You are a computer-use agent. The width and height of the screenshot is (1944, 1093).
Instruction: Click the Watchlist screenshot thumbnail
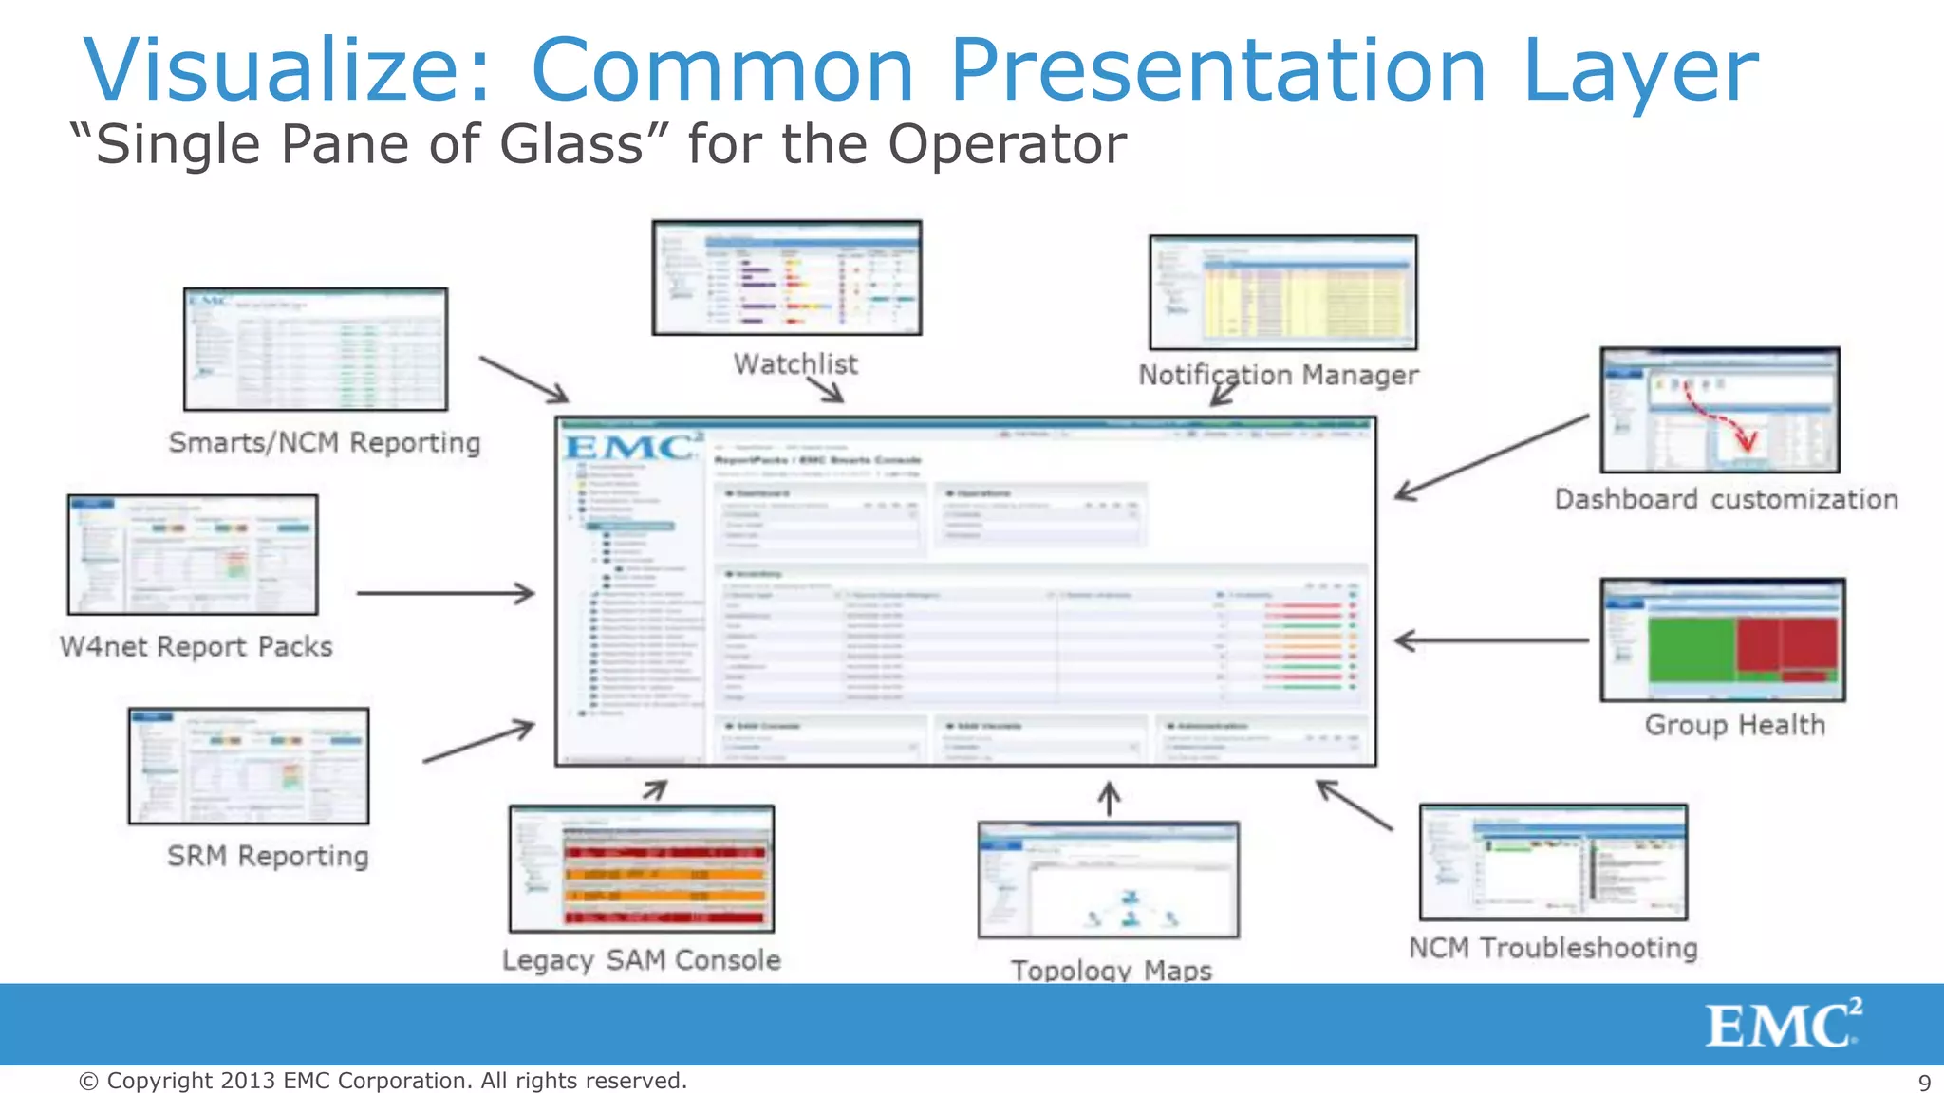786,277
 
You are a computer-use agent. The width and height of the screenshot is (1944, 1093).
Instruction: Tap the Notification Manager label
1278,376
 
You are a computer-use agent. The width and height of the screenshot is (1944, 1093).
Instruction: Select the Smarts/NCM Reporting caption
325,443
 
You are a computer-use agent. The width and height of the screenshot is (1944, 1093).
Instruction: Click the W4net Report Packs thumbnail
193,555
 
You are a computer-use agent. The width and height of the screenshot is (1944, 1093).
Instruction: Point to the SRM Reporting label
268,856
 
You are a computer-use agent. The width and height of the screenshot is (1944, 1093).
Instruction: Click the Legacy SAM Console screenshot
642,869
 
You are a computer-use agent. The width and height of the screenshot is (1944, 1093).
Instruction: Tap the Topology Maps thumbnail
1108,880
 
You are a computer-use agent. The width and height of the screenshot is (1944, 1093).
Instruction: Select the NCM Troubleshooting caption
1553,948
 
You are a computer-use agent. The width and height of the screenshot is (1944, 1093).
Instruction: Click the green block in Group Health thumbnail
1691,649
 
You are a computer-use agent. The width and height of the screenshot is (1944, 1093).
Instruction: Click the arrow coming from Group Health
1490,641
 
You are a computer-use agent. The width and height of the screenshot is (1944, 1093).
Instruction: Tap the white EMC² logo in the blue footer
1783,1024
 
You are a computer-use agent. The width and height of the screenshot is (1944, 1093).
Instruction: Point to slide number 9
1924,1083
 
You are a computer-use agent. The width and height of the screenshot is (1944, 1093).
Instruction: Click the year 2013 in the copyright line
248,1081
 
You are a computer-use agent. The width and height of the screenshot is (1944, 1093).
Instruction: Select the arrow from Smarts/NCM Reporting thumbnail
524,380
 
